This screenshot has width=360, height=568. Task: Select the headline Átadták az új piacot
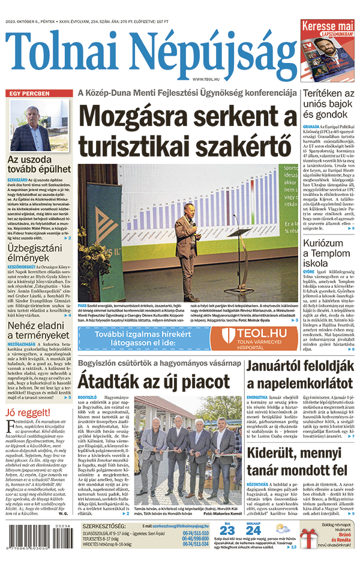click(x=152, y=381)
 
